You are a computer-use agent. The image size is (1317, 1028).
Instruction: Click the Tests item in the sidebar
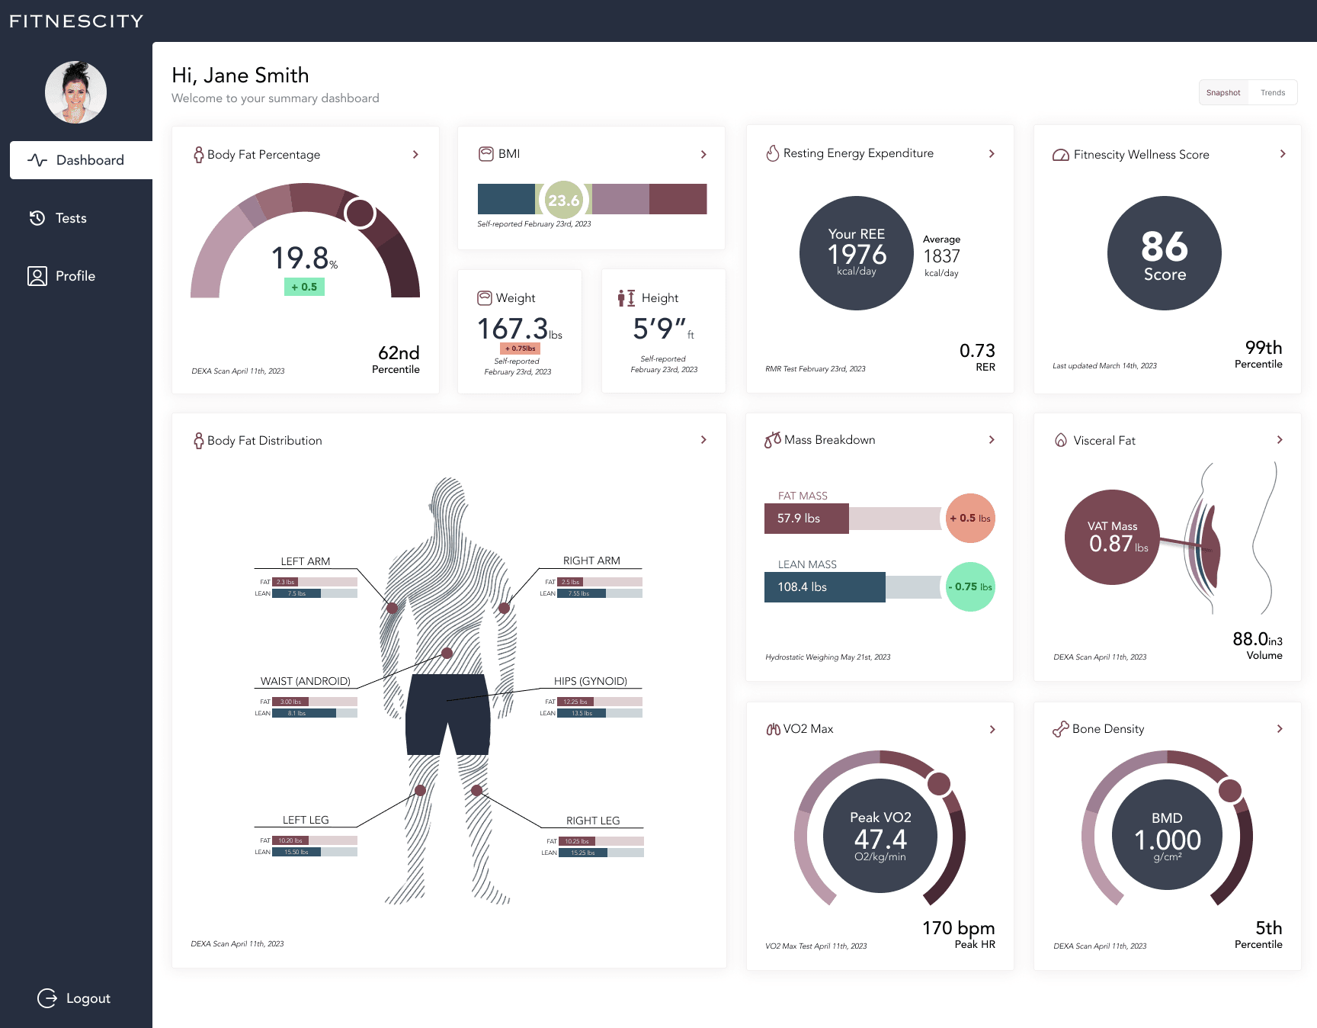click(x=70, y=218)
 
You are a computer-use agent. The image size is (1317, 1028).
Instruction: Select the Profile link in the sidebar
click(x=75, y=276)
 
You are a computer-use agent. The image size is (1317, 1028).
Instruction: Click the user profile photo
click(x=75, y=92)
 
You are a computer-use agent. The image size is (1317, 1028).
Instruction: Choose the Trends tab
click(x=1272, y=93)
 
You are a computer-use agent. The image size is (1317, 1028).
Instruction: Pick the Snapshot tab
click(x=1222, y=93)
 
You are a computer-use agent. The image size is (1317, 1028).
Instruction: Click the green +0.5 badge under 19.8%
click(x=304, y=287)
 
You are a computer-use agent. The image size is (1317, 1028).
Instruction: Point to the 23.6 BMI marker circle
click(x=563, y=200)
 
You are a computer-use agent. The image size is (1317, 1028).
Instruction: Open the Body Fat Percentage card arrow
click(x=415, y=155)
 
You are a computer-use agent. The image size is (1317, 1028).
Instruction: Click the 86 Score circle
click(x=1164, y=253)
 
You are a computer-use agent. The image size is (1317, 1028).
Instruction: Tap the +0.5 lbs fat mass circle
click(x=970, y=518)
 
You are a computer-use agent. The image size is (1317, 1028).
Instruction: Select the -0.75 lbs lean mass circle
click(x=970, y=586)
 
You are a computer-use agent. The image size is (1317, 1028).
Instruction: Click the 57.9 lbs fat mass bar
click(x=806, y=519)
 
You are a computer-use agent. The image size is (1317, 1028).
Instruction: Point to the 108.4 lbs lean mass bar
click(x=824, y=587)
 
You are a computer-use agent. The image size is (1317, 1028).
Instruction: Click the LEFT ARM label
click(x=305, y=561)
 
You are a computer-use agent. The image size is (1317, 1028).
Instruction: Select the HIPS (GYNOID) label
click(x=590, y=681)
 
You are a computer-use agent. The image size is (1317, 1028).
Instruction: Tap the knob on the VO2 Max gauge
click(x=938, y=783)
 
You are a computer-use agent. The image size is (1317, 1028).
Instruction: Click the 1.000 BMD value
click(x=1167, y=840)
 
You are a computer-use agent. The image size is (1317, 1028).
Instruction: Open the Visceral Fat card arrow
click(x=1280, y=440)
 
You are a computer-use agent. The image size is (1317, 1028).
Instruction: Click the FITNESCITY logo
click(x=76, y=21)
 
